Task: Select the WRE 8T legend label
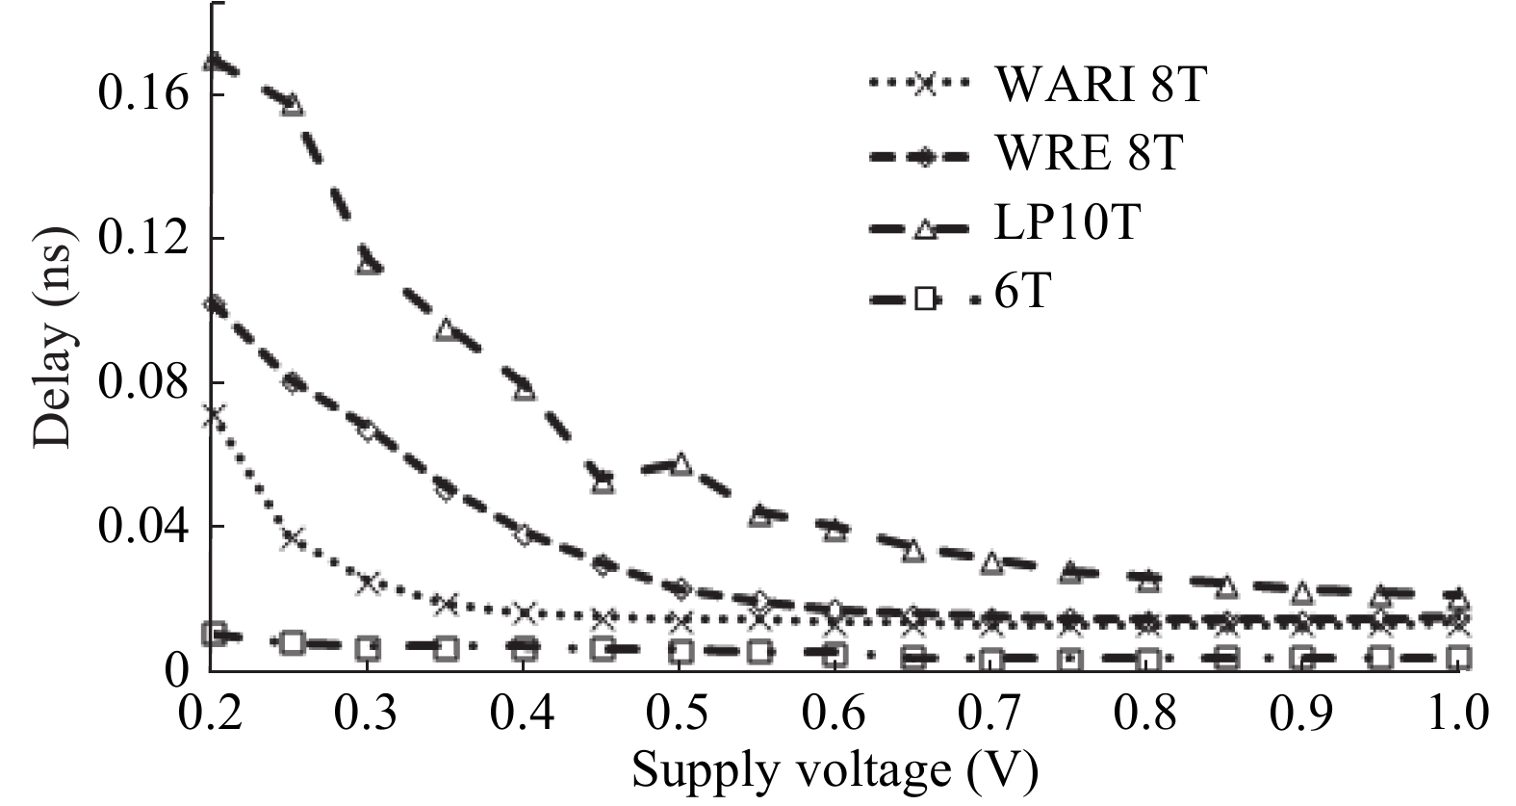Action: tap(1088, 153)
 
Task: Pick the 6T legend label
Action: tap(1021, 291)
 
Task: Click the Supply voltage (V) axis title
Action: tap(835, 771)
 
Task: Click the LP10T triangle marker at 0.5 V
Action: tap(681, 463)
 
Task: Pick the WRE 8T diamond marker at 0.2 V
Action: tap(214, 305)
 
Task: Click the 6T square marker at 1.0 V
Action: tap(1459, 658)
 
